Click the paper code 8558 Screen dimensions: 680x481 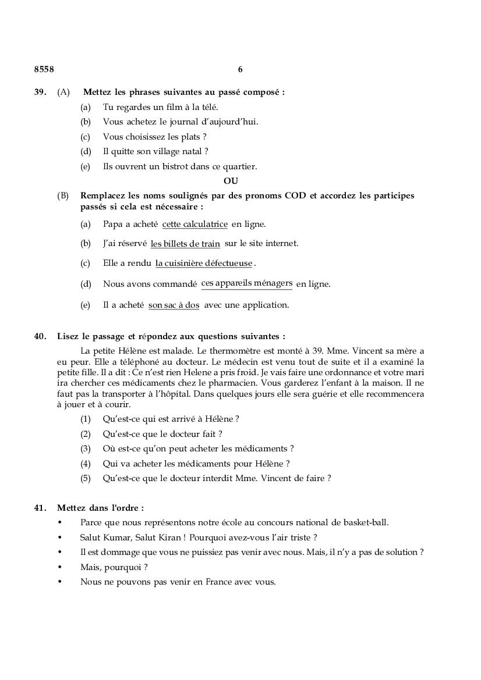[x=44, y=69]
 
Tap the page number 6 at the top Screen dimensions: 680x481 [x=240, y=69]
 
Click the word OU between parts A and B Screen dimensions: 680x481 [x=231, y=181]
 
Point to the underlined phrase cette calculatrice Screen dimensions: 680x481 [x=194, y=224]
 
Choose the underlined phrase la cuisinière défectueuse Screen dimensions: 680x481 [x=204, y=264]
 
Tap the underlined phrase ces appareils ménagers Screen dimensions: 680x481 [x=247, y=283]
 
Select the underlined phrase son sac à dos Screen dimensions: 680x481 [x=174, y=305]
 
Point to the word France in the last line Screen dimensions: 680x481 [x=220, y=582]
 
